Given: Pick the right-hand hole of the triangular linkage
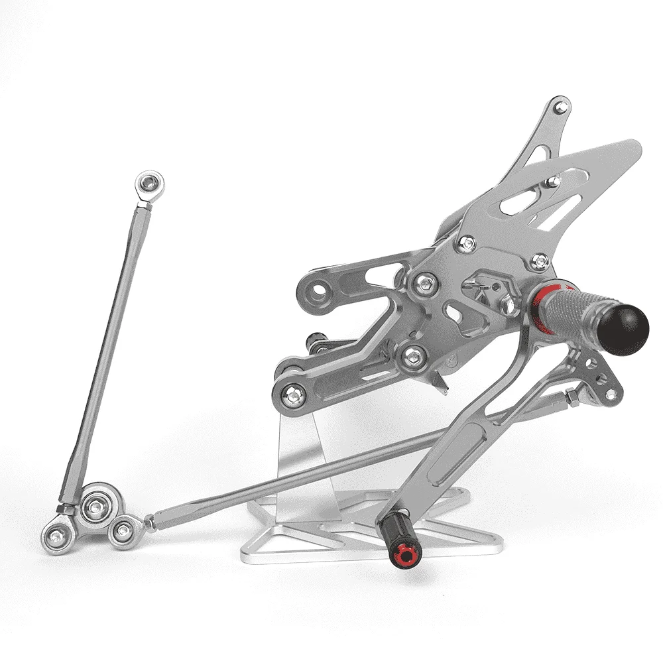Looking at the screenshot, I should pyautogui.click(x=123, y=530).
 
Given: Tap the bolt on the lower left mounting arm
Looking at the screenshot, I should pyautogui.click(x=292, y=396).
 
